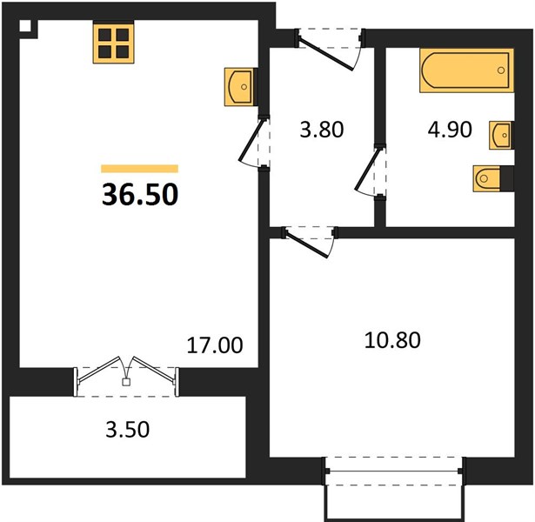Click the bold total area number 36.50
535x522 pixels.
click(140, 194)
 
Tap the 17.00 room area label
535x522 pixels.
click(215, 345)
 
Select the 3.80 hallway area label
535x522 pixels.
click(321, 130)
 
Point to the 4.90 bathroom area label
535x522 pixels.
click(450, 130)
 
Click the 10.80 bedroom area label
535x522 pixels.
click(392, 340)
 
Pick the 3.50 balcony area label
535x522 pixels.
click(128, 429)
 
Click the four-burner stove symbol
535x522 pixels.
click(114, 42)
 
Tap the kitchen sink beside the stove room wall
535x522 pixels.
click(239, 87)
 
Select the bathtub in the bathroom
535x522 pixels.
click(467, 70)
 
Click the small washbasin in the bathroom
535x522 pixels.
click(500, 135)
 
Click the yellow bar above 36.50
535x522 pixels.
click(140, 169)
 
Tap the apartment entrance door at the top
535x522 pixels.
click(330, 50)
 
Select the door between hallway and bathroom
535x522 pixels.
click(371, 171)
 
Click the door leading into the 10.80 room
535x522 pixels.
click(309, 241)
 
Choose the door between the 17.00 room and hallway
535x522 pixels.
click(254, 143)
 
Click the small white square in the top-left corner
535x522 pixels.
click(25, 26)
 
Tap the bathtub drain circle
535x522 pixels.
click(501, 70)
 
